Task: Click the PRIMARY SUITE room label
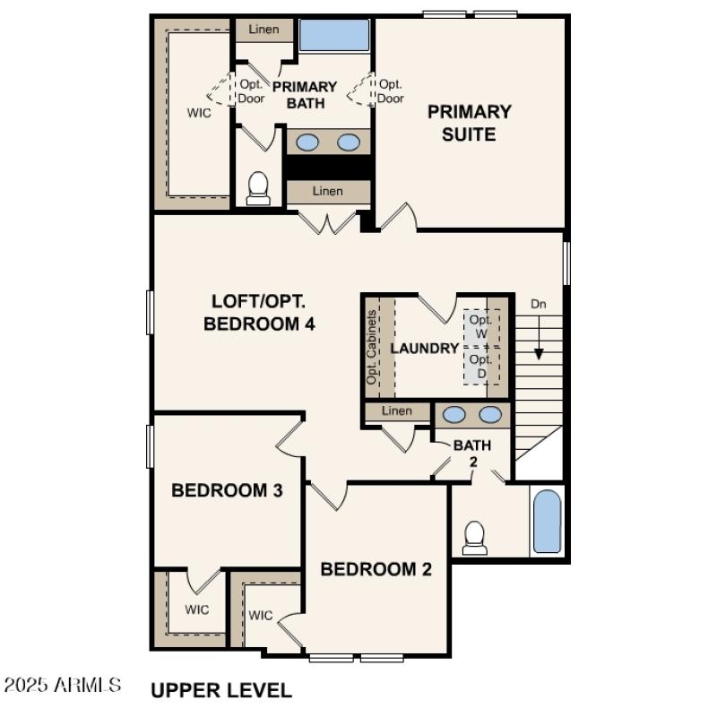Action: pos(469,124)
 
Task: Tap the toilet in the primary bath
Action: pos(258,187)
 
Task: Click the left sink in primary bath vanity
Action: pos(307,142)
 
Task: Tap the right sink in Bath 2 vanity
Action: pos(490,414)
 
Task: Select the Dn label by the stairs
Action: pos(539,304)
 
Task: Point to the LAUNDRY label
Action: pos(425,349)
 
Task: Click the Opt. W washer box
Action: pos(481,327)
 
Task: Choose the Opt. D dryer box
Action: pos(481,366)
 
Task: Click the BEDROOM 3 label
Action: pos(228,490)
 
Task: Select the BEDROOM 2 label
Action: pos(376,569)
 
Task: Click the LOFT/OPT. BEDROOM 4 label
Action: pos(260,313)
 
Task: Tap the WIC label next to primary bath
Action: pos(199,113)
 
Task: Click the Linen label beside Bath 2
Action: pos(396,411)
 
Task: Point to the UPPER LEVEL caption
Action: pos(220,690)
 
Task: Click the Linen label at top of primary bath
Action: pos(263,30)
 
